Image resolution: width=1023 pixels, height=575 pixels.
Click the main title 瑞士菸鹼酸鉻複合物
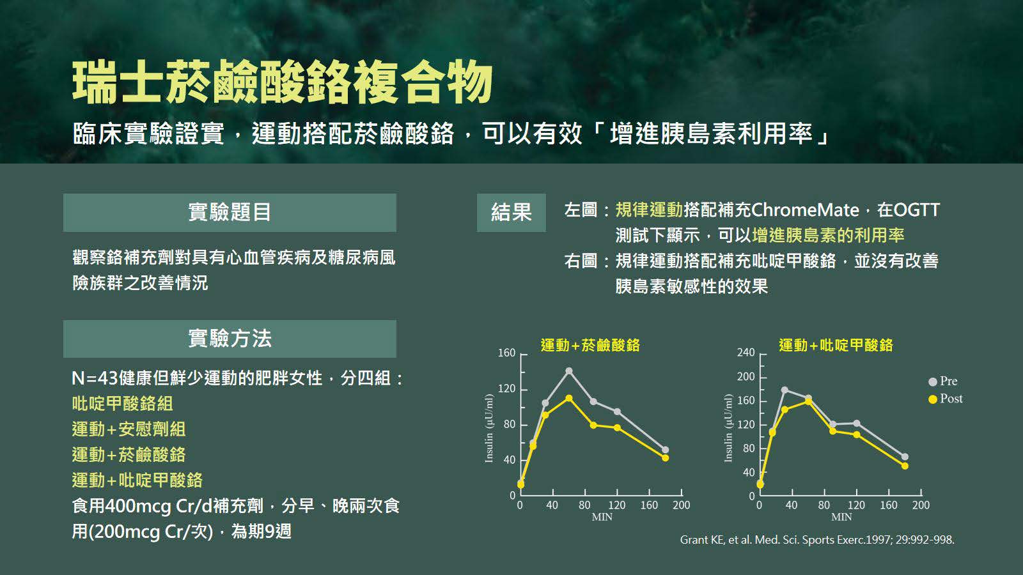click(282, 82)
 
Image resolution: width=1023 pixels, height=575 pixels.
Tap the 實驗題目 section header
click(230, 213)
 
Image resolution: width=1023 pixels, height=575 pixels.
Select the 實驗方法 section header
click(230, 339)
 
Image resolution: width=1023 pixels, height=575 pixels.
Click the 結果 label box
click(511, 213)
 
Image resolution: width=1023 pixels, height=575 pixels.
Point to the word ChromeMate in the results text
click(805, 210)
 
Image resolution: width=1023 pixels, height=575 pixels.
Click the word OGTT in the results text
click(916, 210)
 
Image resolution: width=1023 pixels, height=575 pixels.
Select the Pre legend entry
click(943, 381)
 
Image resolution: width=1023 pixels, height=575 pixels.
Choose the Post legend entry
click(946, 399)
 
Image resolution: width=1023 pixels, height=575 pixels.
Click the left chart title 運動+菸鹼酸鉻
click(590, 345)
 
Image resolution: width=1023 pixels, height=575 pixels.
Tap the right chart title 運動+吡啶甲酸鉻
click(836, 345)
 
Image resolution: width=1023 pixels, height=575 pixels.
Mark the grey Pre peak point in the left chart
click(568, 371)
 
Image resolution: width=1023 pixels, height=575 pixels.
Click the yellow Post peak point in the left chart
click(568, 399)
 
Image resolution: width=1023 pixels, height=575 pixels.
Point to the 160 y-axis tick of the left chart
click(506, 353)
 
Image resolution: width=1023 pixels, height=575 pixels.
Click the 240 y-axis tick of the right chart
click(746, 353)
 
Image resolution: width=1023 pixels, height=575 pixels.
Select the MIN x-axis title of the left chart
click(602, 517)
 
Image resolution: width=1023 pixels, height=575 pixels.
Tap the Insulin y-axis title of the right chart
click(728, 427)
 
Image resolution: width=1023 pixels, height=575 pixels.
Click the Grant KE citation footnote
click(817, 540)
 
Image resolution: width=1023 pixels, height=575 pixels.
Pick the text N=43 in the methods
click(95, 378)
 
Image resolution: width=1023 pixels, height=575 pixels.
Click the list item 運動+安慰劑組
click(129, 429)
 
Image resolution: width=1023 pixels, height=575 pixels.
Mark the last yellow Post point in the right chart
click(905, 466)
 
